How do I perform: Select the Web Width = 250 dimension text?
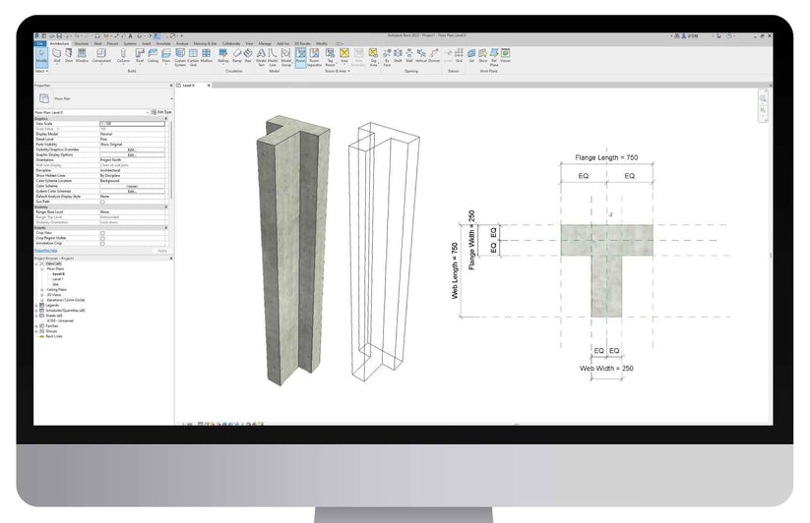click(606, 368)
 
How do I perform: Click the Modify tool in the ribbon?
click(41, 56)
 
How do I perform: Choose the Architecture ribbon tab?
click(58, 43)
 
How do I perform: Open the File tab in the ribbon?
click(39, 43)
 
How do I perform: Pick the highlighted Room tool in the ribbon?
click(300, 56)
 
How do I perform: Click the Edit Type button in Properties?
click(163, 112)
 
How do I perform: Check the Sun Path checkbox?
click(102, 202)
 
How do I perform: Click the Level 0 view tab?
click(188, 86)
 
